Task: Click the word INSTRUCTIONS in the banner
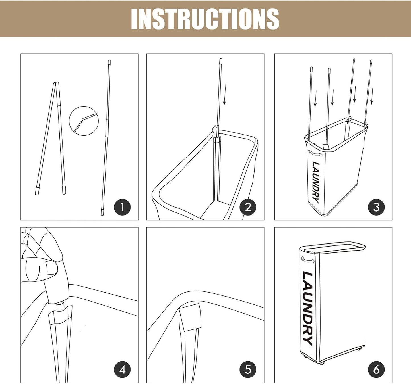[205, 19]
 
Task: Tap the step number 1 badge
[122, 207]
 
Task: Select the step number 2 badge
[248, 207]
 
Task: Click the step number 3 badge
[376, 207]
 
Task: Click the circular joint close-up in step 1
[84, 121]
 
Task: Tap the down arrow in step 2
[225, 94]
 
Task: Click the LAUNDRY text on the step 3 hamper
[316, 182]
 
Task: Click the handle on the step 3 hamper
[315, 153]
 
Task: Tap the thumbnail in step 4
[52, 268]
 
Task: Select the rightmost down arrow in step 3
[372, 96]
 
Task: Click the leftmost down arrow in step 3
[315, 99]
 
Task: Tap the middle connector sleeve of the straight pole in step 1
[107, 128]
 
